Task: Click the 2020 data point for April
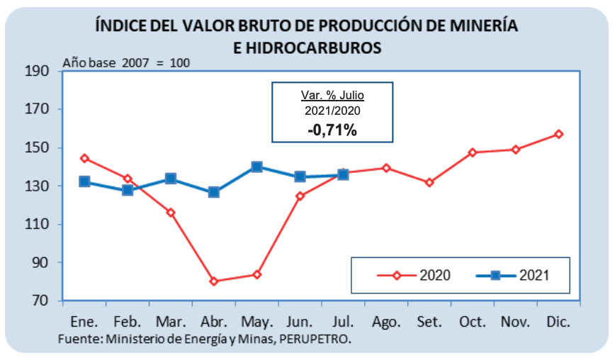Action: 213,281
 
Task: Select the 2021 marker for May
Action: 256,167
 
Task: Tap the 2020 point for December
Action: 559,134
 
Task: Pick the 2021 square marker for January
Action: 84,181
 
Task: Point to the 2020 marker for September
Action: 429,183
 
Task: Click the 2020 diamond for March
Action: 170,213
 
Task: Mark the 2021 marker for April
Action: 213,192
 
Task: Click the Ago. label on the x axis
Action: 386,321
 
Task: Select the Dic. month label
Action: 559,321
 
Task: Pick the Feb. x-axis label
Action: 128,321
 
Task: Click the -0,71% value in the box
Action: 332,130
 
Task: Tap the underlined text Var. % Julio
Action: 332,96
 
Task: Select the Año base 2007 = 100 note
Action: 126,62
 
